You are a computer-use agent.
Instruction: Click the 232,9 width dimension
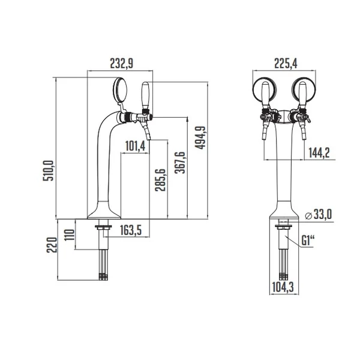coord(122,64)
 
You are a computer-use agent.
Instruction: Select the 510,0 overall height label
coord(49,170)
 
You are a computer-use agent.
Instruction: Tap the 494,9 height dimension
coord(200,138)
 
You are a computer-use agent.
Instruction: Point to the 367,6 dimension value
coord(180,163)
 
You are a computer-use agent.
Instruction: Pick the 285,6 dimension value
coord(160,180)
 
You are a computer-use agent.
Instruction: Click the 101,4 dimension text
coord(136,146)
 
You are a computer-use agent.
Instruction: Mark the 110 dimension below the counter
coord(70,235)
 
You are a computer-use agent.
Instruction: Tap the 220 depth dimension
coord(52,245)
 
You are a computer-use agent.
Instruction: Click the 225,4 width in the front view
coord(286,64)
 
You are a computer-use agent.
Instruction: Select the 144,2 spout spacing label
coord(319,152)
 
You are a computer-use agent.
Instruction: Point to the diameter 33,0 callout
coord(319,215)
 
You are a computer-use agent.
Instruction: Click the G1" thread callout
coord(307,241)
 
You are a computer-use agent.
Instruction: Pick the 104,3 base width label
coord(283,287)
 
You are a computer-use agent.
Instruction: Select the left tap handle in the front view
coord(265,95)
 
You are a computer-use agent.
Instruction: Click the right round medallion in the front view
coord(304,90)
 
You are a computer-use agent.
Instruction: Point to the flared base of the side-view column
coord(104,210)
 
